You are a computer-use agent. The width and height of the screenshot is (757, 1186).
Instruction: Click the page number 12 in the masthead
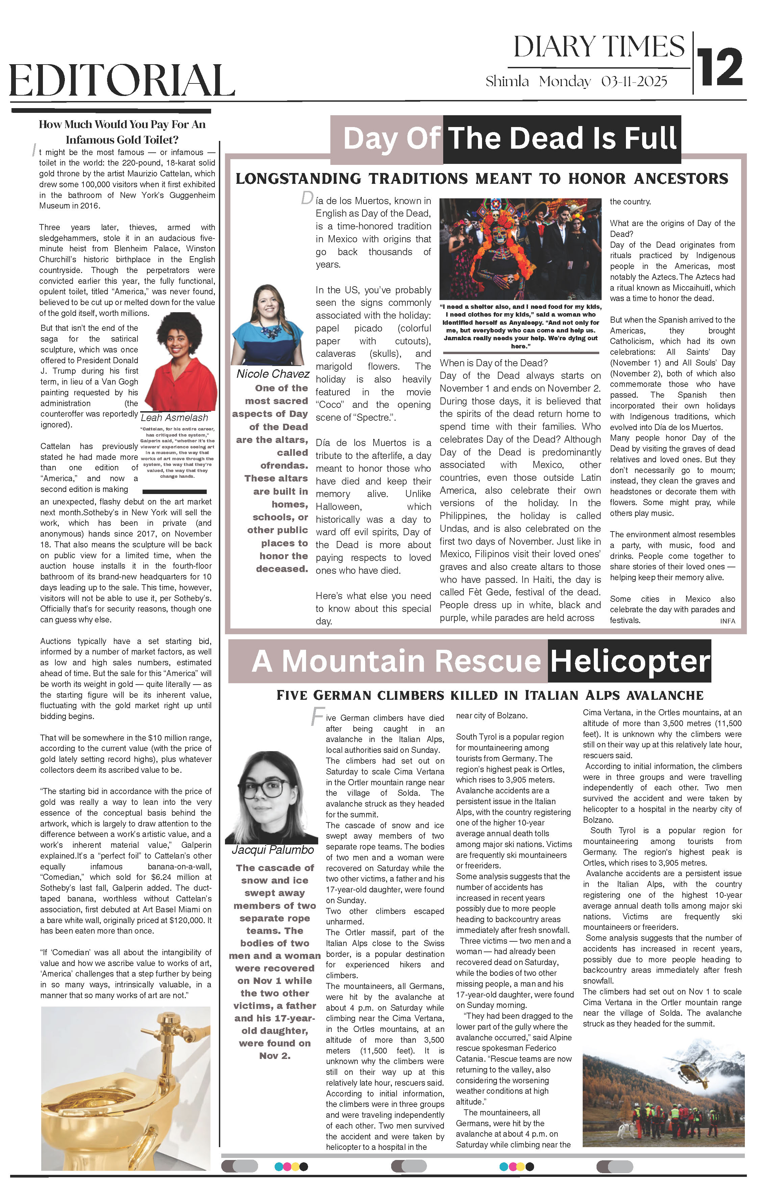pos(720,67)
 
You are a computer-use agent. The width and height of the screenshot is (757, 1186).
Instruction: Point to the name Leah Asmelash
pos(174,418)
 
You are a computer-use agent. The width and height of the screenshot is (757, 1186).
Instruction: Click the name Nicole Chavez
pos(273,374)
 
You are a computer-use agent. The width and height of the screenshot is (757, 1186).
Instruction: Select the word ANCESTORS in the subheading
pos(681,178)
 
